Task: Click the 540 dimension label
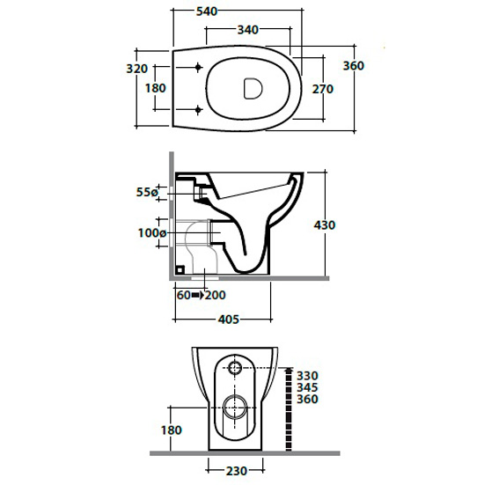point(207,11)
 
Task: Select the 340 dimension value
point(248,30)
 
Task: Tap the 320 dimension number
point(137,69)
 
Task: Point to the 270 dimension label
point(323,89)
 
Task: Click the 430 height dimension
point(325,224)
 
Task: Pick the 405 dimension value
point(229,320)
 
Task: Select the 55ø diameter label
point(147,192)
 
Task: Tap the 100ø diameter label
point(152,232)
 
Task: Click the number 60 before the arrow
point(183,295)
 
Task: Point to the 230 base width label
point(237,471)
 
